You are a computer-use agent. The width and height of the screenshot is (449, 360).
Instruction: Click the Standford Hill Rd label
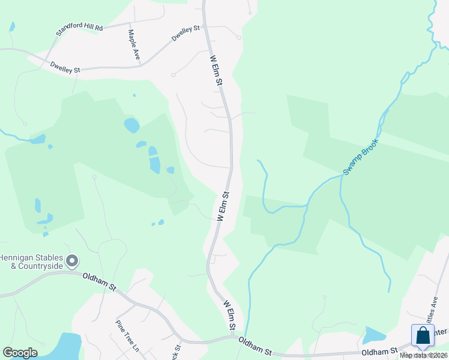tap(79, 28)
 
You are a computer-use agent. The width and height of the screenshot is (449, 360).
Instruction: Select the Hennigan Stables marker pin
tap(73, 261)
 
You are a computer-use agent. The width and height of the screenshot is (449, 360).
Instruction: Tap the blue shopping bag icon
tap(423, 336)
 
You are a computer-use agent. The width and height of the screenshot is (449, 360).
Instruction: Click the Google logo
tap(20, 353)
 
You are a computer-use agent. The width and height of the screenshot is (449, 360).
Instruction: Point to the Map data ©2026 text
tap(424, 355)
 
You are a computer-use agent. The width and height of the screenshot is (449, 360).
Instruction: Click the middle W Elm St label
tap(223, 207)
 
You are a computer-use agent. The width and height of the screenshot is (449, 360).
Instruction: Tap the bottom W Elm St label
tap(229, 314)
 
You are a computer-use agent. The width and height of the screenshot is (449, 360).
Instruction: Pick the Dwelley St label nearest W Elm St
tap(185, 32)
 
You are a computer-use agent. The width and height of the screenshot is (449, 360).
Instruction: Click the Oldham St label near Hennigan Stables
tap(99, 280)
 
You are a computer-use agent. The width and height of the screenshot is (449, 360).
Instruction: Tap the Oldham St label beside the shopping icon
tap(379, 351)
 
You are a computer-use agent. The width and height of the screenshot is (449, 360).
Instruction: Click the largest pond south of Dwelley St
tap(131, 125)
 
